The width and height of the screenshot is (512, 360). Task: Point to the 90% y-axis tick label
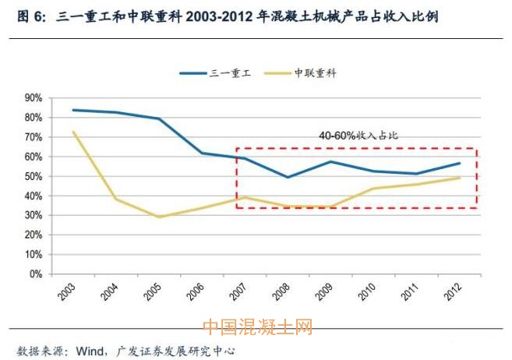tap(33, 98)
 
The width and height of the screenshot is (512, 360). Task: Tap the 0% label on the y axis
tap(36, 274)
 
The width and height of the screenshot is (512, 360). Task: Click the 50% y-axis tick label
tap(33, 176)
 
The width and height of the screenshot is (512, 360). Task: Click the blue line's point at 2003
tap(72, 110)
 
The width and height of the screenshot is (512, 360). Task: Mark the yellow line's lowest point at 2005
tap(159, 217)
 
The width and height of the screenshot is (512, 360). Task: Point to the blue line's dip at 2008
tap(288, 178)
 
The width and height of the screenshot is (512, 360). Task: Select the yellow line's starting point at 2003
tap(72, 132)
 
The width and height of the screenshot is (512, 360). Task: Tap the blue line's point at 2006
tap(202, 153)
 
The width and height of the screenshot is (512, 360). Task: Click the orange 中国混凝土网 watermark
tap(256, 327)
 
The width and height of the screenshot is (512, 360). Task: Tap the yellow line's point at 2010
tap(373, 188)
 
